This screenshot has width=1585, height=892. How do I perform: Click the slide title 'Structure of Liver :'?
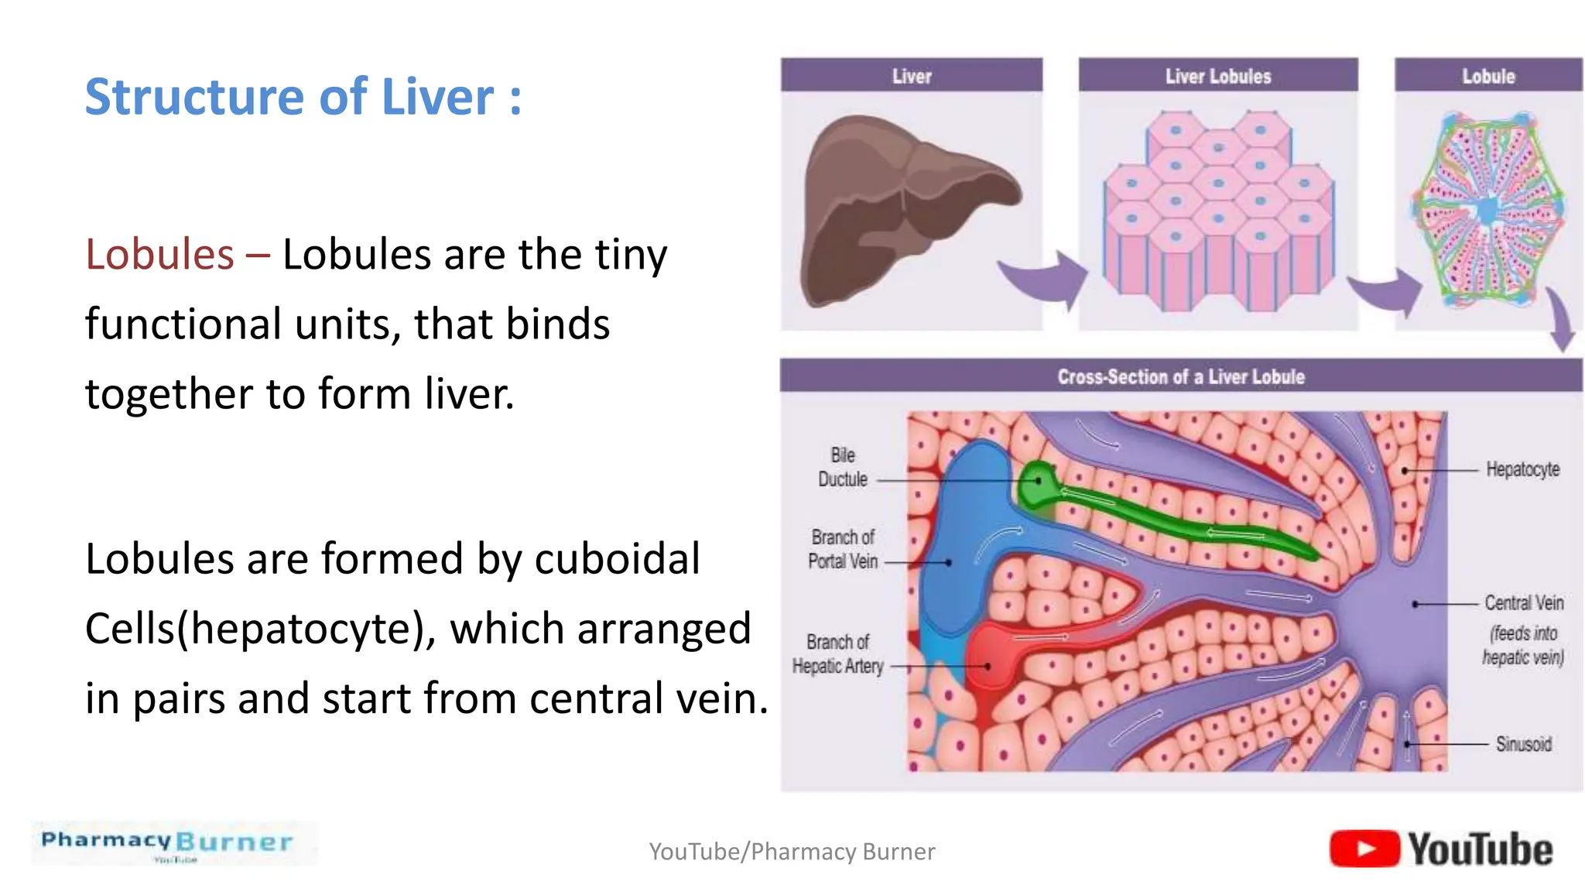point(303,98)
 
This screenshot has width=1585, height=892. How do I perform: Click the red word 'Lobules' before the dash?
point(159,255)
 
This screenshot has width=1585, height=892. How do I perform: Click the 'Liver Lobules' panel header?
point(1217,77)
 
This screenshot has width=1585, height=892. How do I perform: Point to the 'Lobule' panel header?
point(1487,77)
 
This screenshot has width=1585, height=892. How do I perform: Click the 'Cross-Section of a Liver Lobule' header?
point(1180,377)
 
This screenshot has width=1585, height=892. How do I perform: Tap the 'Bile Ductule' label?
point(842,467)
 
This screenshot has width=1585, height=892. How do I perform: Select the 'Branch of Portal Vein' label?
point(842,549)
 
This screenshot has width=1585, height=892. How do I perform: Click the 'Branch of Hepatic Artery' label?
point(837,654)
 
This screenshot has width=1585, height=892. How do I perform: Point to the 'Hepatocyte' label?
point(1522,469)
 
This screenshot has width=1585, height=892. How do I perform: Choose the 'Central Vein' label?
point(1523,602)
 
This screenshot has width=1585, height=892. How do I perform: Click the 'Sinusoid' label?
point(1522,744)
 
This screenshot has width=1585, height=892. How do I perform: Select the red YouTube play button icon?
point(1364,849)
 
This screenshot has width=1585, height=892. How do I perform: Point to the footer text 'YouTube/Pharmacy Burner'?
point(792,852)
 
